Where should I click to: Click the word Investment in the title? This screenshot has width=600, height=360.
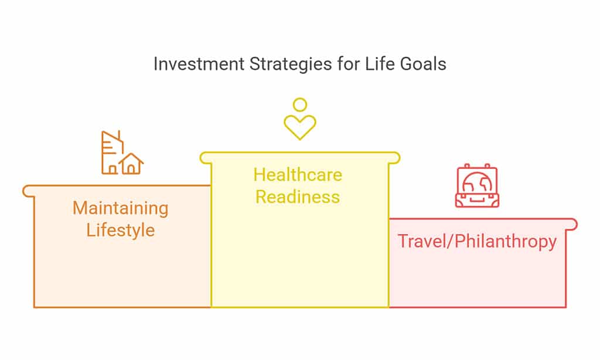199,63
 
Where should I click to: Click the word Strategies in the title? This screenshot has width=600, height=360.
291,64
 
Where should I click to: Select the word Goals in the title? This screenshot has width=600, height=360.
423,63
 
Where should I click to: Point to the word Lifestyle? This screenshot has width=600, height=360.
121,230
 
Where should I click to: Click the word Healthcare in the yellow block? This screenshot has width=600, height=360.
298,175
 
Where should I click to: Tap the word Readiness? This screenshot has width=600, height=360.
298,197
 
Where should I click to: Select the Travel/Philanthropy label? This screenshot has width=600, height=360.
477,242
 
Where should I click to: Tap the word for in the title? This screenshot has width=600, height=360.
349,63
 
